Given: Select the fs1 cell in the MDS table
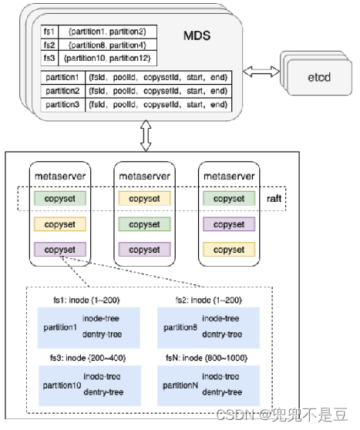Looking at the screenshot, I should coord(48,32).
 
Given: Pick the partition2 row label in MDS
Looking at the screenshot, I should coord(62,91).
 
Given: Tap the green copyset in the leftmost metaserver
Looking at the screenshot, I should coord(60,199).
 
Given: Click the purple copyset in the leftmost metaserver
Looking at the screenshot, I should coord(60,250).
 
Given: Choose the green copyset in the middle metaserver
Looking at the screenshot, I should coord(144,224).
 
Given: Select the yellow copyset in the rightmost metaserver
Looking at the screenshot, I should coord(229,250).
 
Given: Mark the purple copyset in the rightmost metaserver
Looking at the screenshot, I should coord(229,224).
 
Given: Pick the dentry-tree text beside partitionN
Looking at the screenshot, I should coord(222,392).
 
